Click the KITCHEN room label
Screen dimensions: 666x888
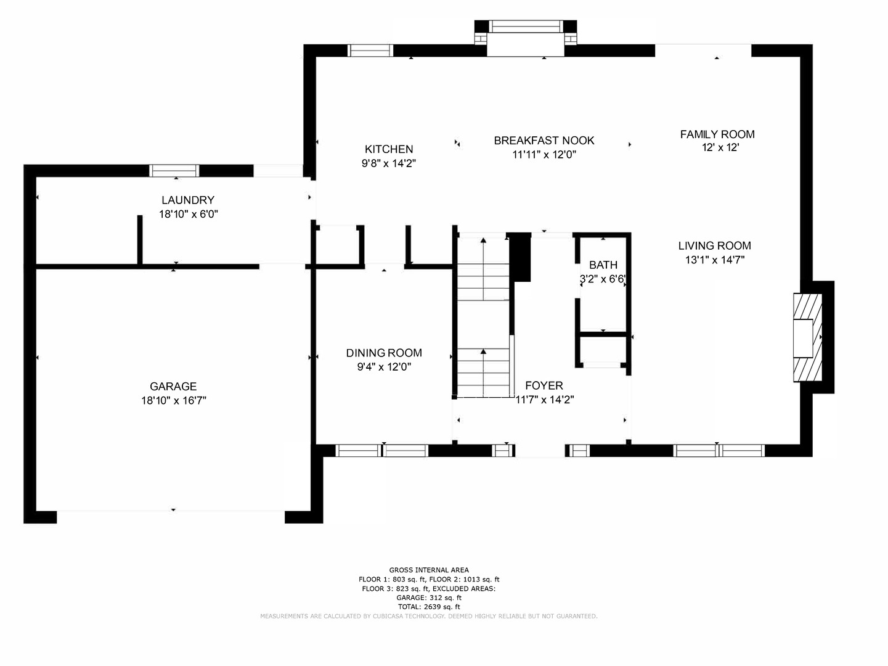point(389,149)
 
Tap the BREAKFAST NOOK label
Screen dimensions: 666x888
point(544,141)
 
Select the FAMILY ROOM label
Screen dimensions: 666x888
point(717,134)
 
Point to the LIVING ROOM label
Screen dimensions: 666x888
point(715,245)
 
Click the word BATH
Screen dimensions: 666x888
point(603,265)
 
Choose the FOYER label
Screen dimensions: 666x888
point(544,385)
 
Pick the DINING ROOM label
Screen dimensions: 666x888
point(384,353)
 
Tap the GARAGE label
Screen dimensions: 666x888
point(173,387)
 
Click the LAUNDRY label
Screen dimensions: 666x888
point(188,200)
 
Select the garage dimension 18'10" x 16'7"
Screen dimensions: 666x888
point(173,401)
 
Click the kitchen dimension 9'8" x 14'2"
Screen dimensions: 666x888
point(389,163)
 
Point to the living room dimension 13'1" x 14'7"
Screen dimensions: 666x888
point(715,260)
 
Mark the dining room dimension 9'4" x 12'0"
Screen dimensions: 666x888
point(384,367)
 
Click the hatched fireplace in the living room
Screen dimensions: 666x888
point(808,337)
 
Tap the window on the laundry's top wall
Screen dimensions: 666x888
point(176,171)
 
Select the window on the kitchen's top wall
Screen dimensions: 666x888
point(370,51)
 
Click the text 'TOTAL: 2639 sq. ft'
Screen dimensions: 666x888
point(429,607)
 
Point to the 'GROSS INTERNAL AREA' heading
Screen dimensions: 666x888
point(429,570)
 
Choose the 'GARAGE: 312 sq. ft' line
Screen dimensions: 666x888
point(429,598)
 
